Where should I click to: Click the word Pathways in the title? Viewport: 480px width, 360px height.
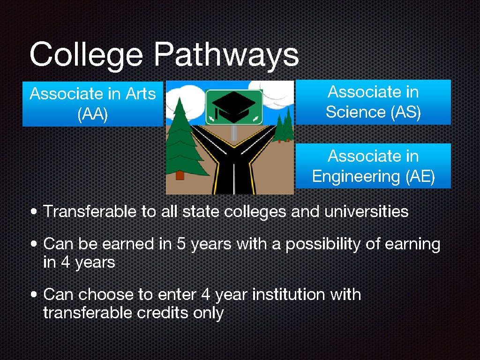pyautogui.click(x=226, y=55)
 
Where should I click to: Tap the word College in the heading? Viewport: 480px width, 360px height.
pyautogui.click(x=86, y=55)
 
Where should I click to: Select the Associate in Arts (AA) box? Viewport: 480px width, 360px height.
pyautogui.click(x=93, y=104)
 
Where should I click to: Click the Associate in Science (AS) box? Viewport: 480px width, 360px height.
pyautogui.click(x=373, y=102)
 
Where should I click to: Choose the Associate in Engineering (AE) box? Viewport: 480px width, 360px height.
pyautogui.click(x=373, y=166)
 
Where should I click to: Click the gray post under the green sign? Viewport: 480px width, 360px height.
pyautogui.click(x=234, y=133)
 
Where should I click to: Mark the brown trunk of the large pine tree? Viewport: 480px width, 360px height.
pyautogui.click(x=179, y=175)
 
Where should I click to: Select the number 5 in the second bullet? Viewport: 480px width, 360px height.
pyautogui.click(x=180, y=244)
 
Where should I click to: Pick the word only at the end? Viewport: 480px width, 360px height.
pyautogui.click(x=208, y=313)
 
